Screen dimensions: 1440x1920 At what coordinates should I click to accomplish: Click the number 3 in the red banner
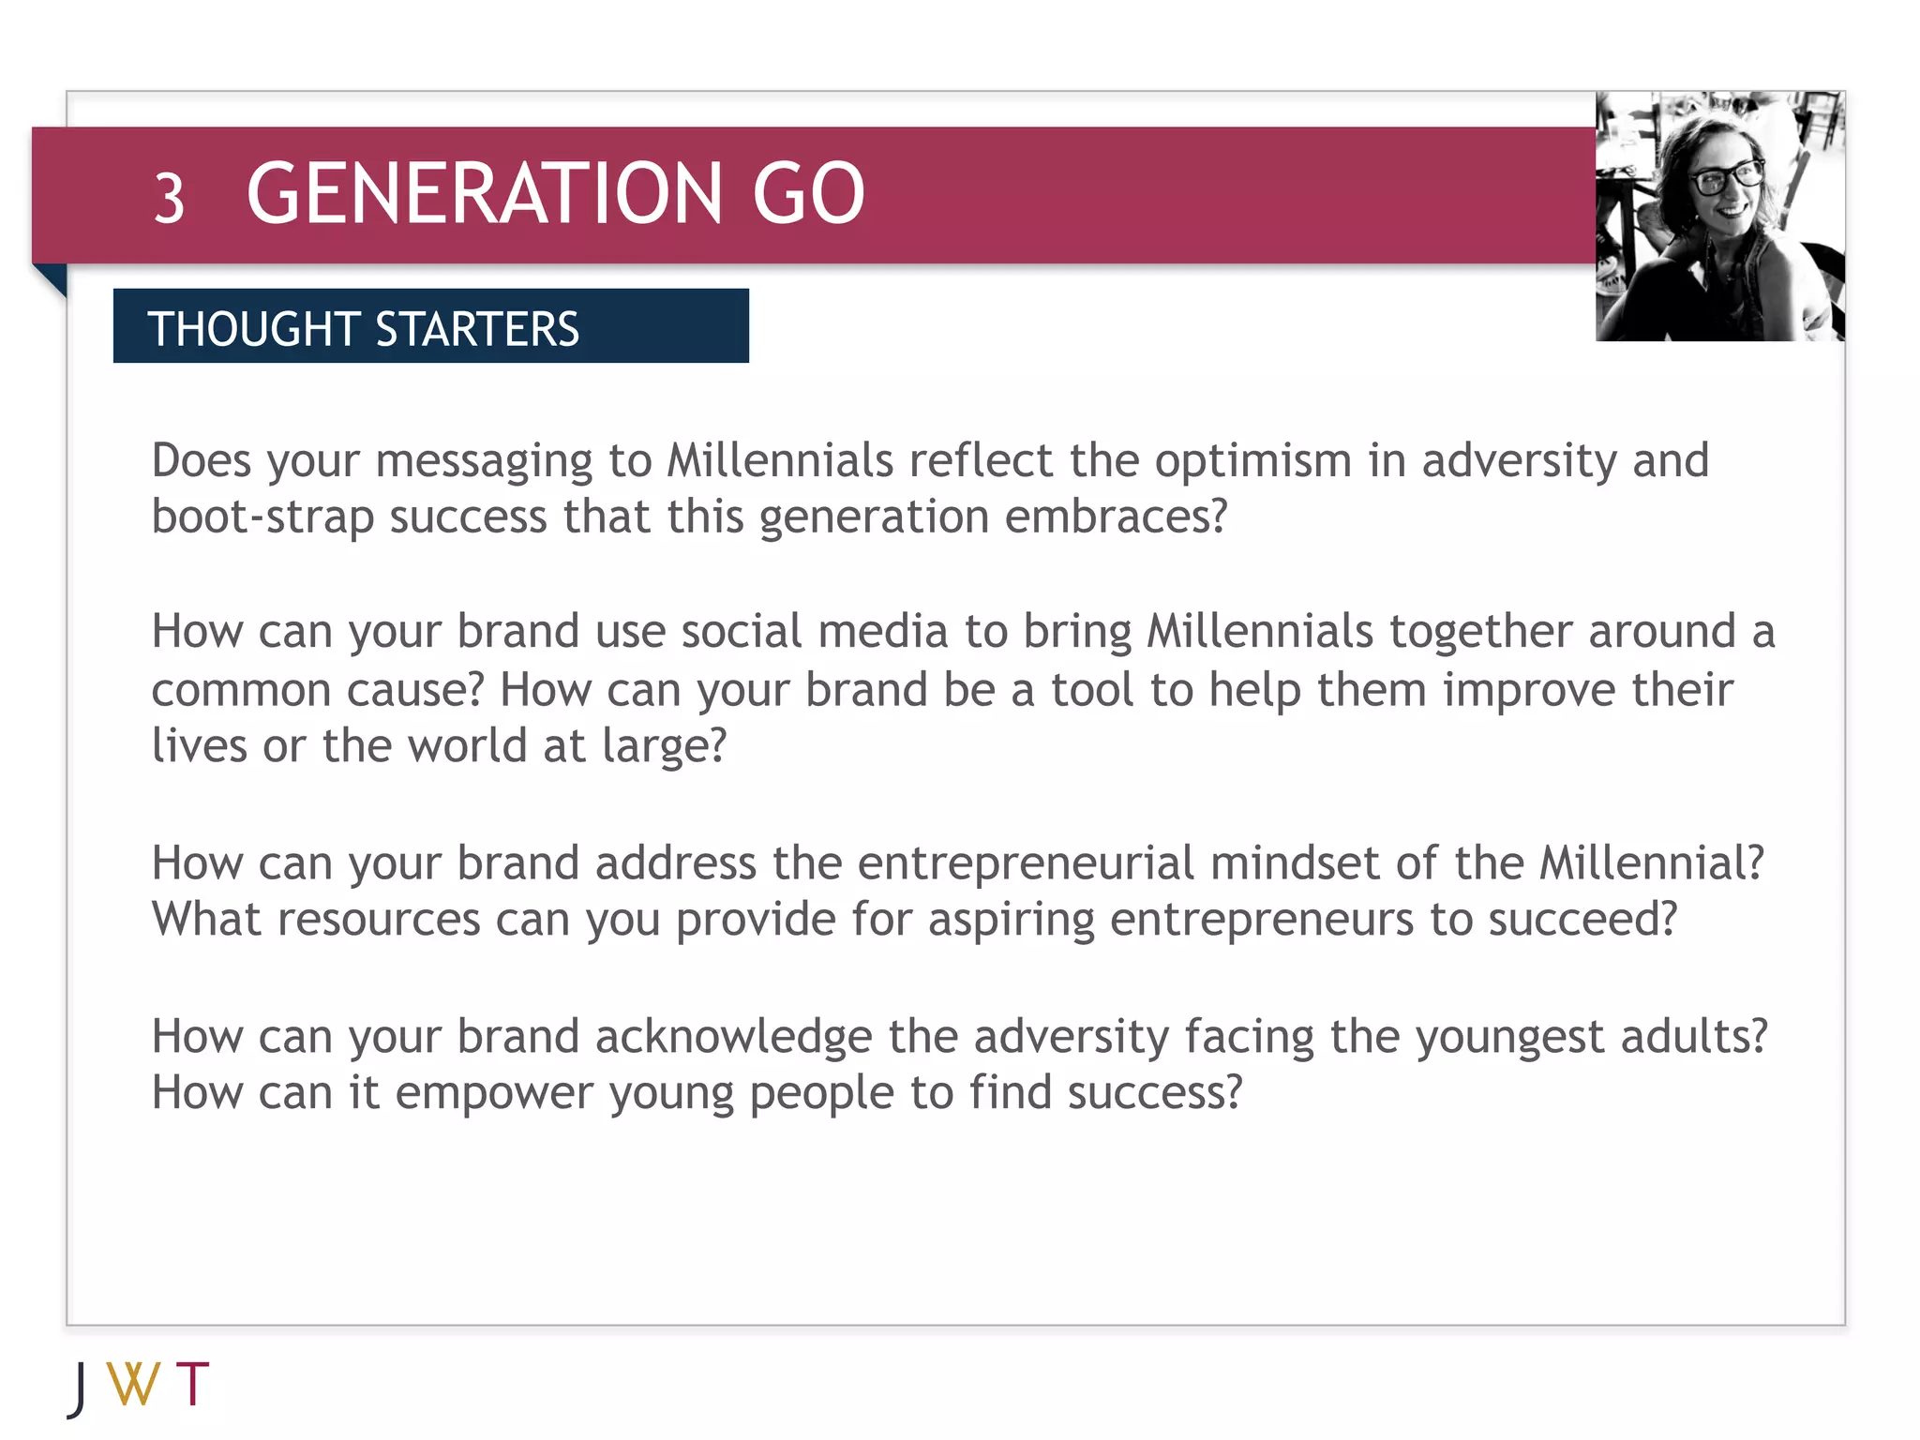click(169, 198)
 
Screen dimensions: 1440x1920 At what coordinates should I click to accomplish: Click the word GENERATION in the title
click(484, 194)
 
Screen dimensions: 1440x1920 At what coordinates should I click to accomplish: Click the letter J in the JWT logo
click(80, 1388)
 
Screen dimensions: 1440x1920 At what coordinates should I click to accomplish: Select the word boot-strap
click(262, 517)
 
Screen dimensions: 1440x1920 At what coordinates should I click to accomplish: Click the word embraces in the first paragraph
click(1115, 517)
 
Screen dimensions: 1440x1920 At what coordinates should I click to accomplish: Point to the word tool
click(1092, 690)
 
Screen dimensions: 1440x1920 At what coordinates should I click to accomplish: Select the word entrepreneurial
click(1026, 863)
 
